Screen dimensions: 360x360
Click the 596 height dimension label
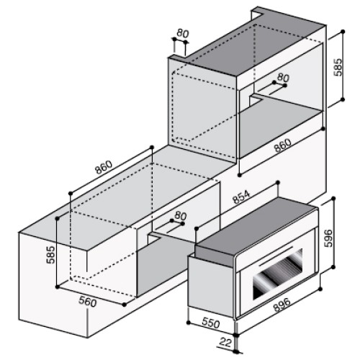[328, 238]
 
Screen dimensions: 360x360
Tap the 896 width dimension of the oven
[282, 305]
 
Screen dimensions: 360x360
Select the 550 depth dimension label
[210, 323]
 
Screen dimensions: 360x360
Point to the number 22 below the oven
[225, 343]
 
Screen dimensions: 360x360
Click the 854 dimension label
[241, 197]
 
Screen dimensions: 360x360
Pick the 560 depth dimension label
[87, 302]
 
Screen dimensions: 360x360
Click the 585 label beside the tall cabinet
[338, 67]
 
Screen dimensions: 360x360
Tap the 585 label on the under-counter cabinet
[50, 255]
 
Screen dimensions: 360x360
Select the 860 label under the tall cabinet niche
[283, 145]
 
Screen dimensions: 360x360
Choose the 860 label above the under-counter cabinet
[104, 167]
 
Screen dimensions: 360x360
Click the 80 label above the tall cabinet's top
[183, 33]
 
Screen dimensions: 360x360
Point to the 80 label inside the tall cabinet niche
[283, 77]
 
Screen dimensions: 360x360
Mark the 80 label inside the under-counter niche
[181, 216]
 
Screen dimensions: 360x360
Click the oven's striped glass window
[278, 274]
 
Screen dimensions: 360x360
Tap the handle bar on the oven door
[276, 256]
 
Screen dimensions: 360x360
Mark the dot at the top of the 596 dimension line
[333, 198]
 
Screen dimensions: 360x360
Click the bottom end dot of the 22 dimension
[237, 351]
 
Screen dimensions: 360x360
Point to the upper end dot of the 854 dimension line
[278, 183]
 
